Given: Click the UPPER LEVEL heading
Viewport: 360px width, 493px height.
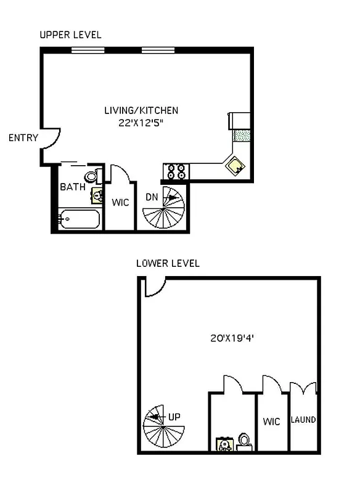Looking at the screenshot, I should pos(70,35).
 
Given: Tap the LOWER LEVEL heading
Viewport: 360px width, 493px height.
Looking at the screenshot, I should pos(168,263).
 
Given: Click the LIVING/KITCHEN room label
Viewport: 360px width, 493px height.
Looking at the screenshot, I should pos(141,111).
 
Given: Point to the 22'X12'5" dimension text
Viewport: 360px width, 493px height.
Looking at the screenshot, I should pos(141,123).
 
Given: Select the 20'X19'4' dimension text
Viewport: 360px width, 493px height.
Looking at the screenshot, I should pos(232,338).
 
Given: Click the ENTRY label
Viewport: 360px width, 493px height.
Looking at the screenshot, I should pos(23,138).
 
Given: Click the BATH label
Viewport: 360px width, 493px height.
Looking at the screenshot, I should pos(72,186).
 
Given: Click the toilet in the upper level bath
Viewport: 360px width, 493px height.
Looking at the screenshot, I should pos(92,177).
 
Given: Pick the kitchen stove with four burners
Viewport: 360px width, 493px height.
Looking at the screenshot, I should pos(174,171).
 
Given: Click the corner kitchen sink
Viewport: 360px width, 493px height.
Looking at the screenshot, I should pos(235,165).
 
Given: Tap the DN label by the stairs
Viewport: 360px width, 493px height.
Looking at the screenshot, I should pos(152,197).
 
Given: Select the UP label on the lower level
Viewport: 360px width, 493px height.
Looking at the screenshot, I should pos(174,417).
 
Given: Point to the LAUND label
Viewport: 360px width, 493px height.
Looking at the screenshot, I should pos(303,420).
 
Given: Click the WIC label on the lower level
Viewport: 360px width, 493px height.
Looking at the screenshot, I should pos(271,422).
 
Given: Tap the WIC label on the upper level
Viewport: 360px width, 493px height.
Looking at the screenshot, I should pos(120,202).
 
